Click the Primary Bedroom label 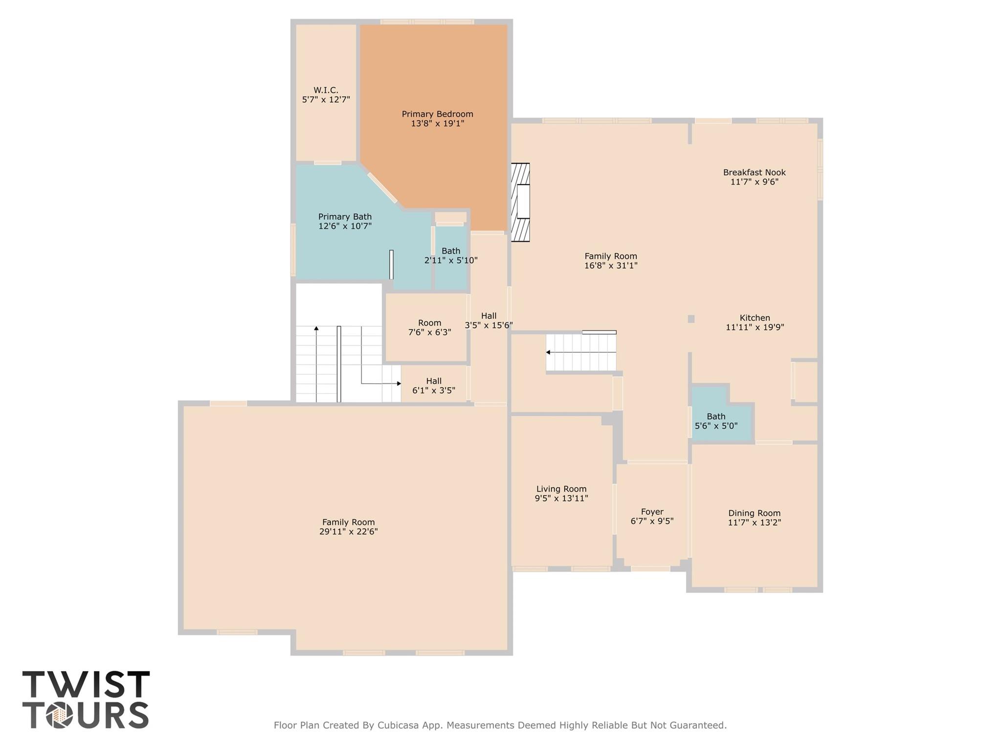pos(437,114)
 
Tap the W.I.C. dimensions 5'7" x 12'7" pos(326,100)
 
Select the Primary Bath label pos(345,217)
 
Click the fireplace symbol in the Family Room pos(521,202)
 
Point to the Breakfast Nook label pos(754,172)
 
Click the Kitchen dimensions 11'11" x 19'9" pos(755,327)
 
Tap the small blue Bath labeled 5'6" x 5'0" pos(716,421)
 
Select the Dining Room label pos(754,513)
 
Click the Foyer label pos(652,512)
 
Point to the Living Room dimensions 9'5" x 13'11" pos(561,499)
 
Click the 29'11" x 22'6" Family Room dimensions pos(348,532)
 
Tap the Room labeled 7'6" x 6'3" pos(429,327)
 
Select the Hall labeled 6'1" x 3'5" pos(433,386)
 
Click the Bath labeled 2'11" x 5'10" pos(450,255)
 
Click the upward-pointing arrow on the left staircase pos(316,329)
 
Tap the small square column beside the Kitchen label pos(691,319)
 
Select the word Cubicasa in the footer pos(400,725)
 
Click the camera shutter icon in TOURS pos(60,716)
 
